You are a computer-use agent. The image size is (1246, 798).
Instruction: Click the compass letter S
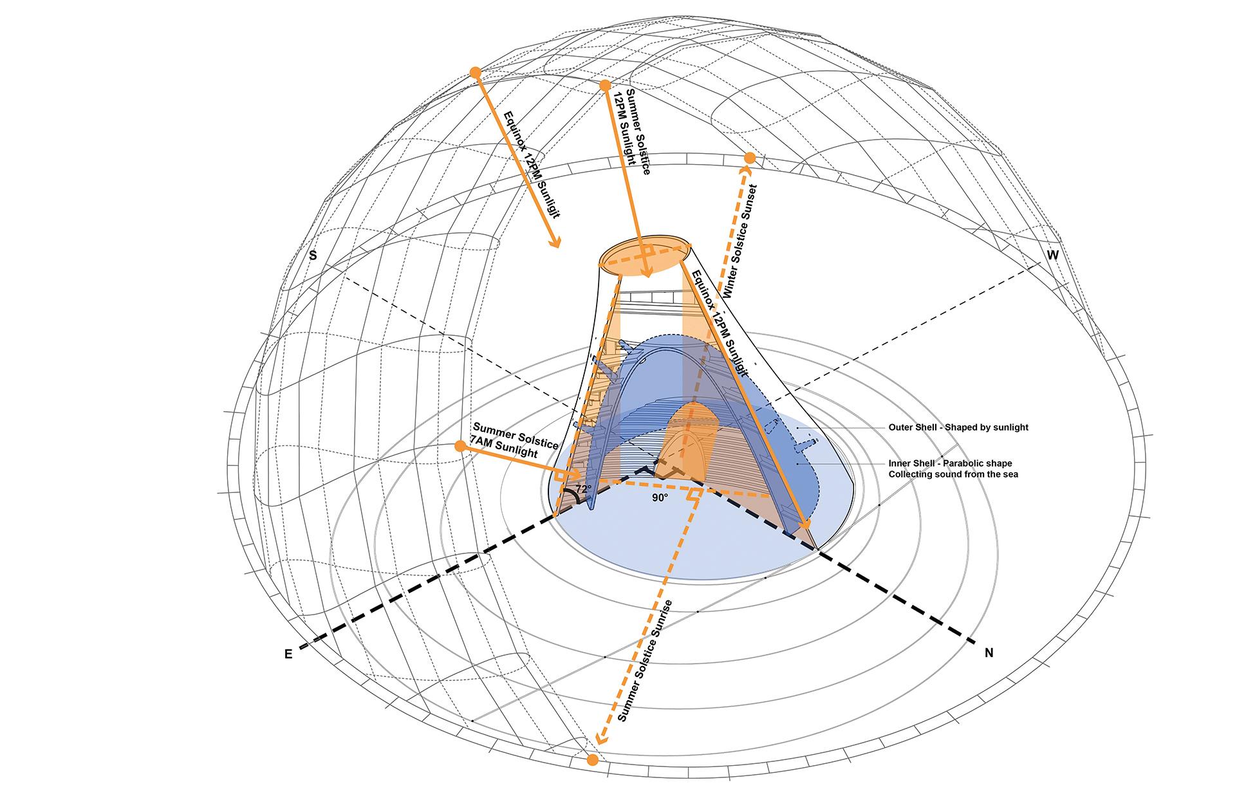(313, 255)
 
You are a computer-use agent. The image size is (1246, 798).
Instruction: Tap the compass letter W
(1052, 255)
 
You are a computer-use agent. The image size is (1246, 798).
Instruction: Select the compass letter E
(288, 654)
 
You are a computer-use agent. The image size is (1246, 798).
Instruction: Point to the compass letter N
(989, 653)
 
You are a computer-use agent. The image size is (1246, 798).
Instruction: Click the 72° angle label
(583, 489)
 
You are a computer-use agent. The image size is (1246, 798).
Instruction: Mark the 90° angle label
(660, 497)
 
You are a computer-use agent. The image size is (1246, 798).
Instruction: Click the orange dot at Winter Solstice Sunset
(750, 158)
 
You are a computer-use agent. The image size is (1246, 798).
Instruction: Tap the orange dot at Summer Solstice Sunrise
(593, 759)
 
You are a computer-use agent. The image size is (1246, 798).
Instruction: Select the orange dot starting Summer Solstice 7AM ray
(460, 446)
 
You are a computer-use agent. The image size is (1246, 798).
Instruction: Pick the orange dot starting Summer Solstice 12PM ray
(604, 85)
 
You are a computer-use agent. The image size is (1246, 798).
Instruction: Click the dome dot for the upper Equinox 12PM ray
(475, 73)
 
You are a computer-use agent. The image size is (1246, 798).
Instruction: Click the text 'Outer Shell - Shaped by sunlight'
(958, 427)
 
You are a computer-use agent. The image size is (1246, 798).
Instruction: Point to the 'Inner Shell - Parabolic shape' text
(950, 463)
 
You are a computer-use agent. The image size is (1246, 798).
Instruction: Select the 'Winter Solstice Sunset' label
(741, 242)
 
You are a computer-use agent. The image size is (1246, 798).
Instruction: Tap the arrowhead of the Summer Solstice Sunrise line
(600, 739)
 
